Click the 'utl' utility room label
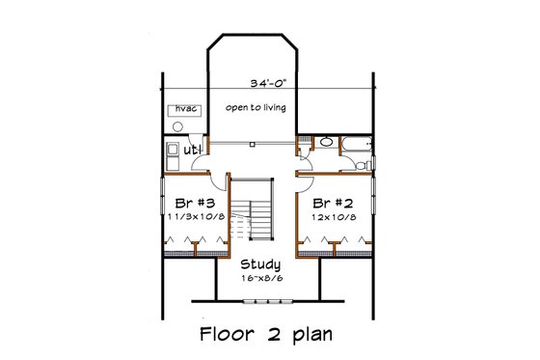(193, 150)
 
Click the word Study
(260, 263)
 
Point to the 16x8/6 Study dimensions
(260, 278)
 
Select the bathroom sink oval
(326, 143)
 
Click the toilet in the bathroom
(361, 164)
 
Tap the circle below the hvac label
(179, 125)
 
